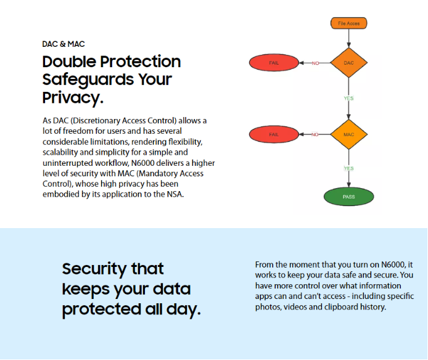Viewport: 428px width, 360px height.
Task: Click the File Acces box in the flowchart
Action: point(348,23)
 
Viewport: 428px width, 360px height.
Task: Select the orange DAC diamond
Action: point(348,63)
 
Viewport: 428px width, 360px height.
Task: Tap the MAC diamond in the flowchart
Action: point(348,134)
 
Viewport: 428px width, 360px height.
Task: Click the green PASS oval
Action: point(348,197)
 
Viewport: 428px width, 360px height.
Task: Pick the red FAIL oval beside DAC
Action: point(274,63)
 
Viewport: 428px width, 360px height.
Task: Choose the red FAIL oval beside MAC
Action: point(274,134)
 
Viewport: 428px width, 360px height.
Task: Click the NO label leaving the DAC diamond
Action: point(315,63)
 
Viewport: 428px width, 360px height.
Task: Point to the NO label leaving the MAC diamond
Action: point(315,134)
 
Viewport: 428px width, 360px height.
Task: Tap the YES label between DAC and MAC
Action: point(348,98)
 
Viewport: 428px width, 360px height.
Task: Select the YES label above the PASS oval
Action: point(348,168)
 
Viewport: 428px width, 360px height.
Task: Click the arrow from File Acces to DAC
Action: point(348,38)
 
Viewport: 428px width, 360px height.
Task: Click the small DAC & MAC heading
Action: point(64,44)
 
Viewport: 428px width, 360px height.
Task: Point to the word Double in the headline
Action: point(70,62)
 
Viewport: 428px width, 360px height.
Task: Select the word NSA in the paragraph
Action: point(175,194)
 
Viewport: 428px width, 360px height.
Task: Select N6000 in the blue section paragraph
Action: point(393,264)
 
